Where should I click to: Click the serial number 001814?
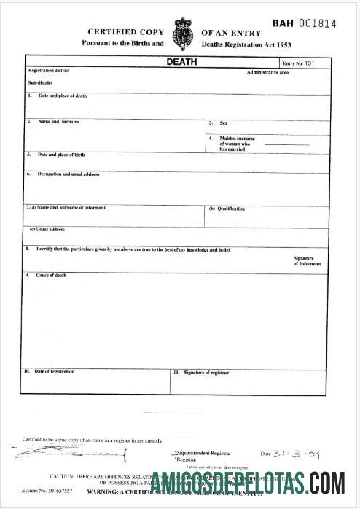click(x=316, y=24)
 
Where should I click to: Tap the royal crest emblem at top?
click(x=181, y=34)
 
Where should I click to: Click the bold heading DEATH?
click(x=181, y=62)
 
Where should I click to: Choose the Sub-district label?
click(x=39, y=82)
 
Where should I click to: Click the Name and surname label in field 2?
click(x=58, y=121)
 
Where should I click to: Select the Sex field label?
click(x=224, y=123)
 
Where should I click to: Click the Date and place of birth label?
click(x=61, y=155)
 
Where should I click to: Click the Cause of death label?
click(x=51, y=275)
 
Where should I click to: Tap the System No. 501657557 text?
click(x=47, y=491)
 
